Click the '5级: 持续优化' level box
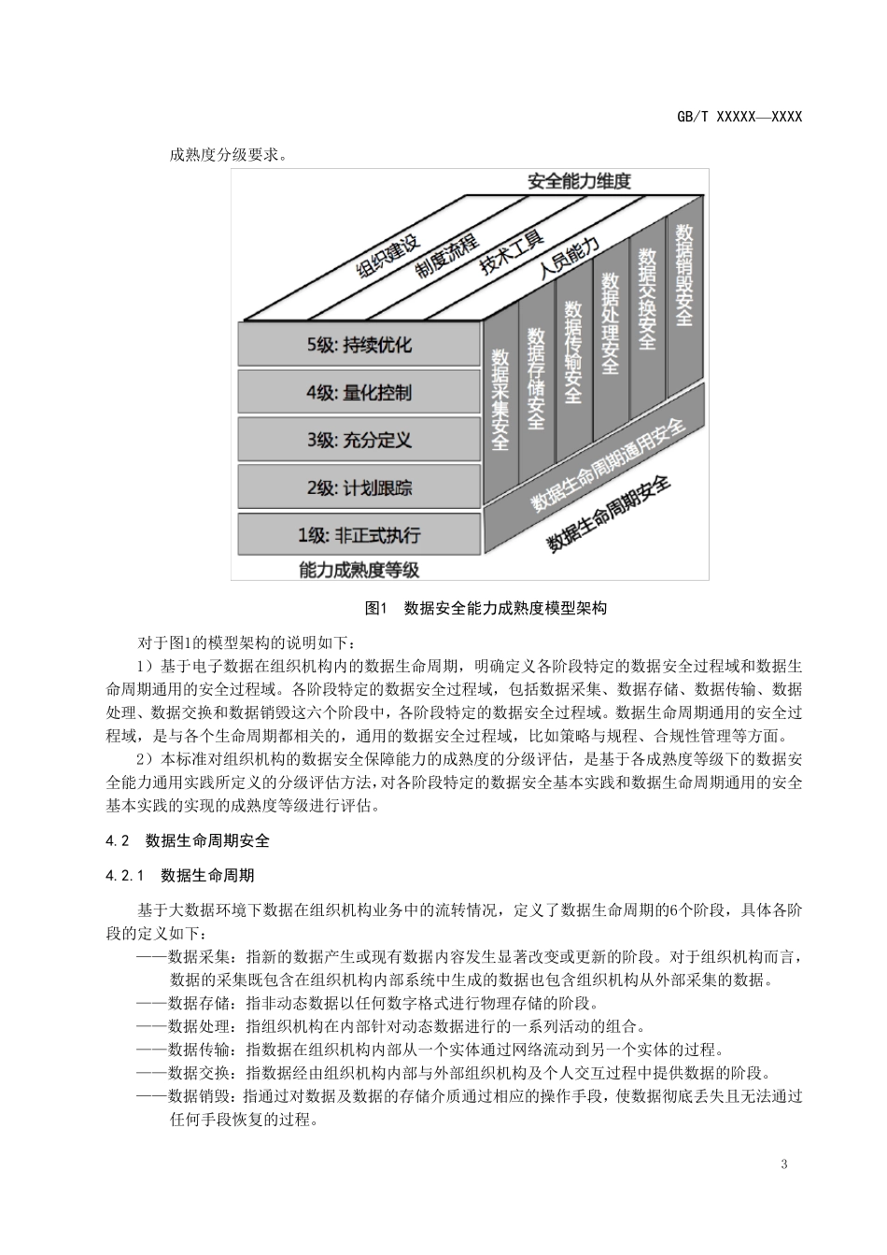[x=359, y=345]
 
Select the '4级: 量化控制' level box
[x=359, y=392]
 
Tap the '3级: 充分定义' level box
[x=359, y=440]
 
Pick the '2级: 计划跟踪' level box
[x=359, y=487]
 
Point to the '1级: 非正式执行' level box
[x=359, y=535]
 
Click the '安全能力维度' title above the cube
[x=579, y=181]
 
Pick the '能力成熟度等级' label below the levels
[x=359, y=569]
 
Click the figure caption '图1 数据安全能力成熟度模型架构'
[x=486, y=609]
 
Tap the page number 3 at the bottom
[x=783, y=1163]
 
